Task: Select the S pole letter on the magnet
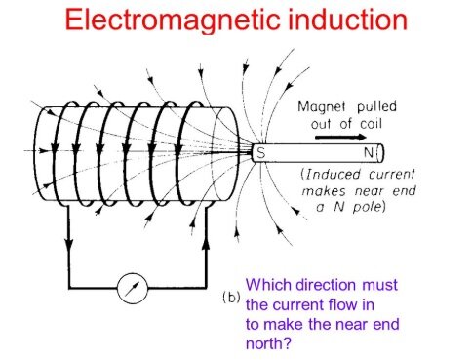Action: [x=260, y=153]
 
